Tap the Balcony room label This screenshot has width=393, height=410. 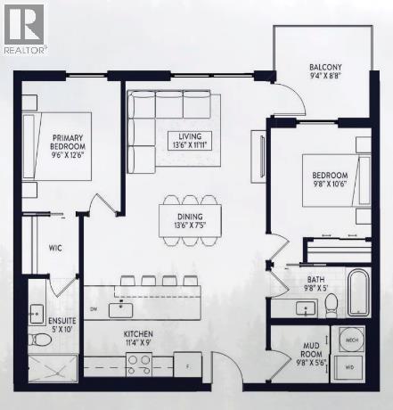pyautogui.click(x=325, y=70)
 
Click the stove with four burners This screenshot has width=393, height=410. pyautogui.click(x=140, y=362)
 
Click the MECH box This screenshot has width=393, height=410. pyautogui.click(x=349, y=340)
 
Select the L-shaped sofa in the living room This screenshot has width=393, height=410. pyautogui.click(x=157, y=120)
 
